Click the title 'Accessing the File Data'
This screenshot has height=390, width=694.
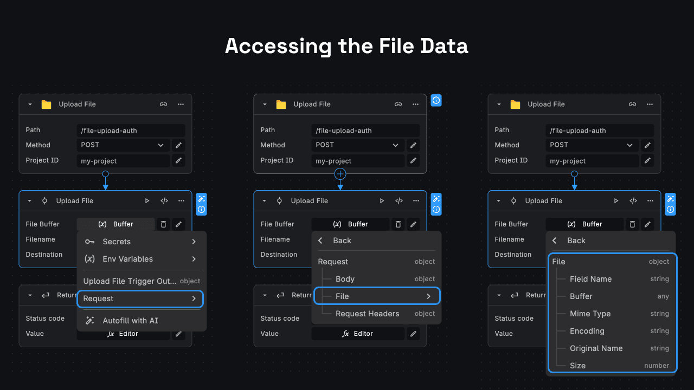346,46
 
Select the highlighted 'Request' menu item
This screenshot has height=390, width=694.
140,298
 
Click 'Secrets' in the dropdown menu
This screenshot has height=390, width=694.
117,242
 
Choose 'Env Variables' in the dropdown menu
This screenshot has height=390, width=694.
127,259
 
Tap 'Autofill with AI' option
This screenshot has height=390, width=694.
130,321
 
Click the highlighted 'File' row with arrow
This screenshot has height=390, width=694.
377,296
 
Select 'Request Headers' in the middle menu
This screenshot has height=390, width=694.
367,314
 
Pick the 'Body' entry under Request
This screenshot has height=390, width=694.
345,279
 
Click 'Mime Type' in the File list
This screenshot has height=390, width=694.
590,314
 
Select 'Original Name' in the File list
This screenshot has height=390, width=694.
596,348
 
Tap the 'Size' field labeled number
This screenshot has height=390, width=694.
577,366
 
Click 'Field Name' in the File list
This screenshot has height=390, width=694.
590,279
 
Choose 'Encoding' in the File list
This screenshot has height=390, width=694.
587,331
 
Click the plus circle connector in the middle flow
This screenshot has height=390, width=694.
340,174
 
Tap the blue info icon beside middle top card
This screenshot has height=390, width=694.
436,100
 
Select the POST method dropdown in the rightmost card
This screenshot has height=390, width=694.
592,145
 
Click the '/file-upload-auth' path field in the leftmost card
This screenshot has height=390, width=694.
131,131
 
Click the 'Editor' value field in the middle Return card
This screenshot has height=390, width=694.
358,334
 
